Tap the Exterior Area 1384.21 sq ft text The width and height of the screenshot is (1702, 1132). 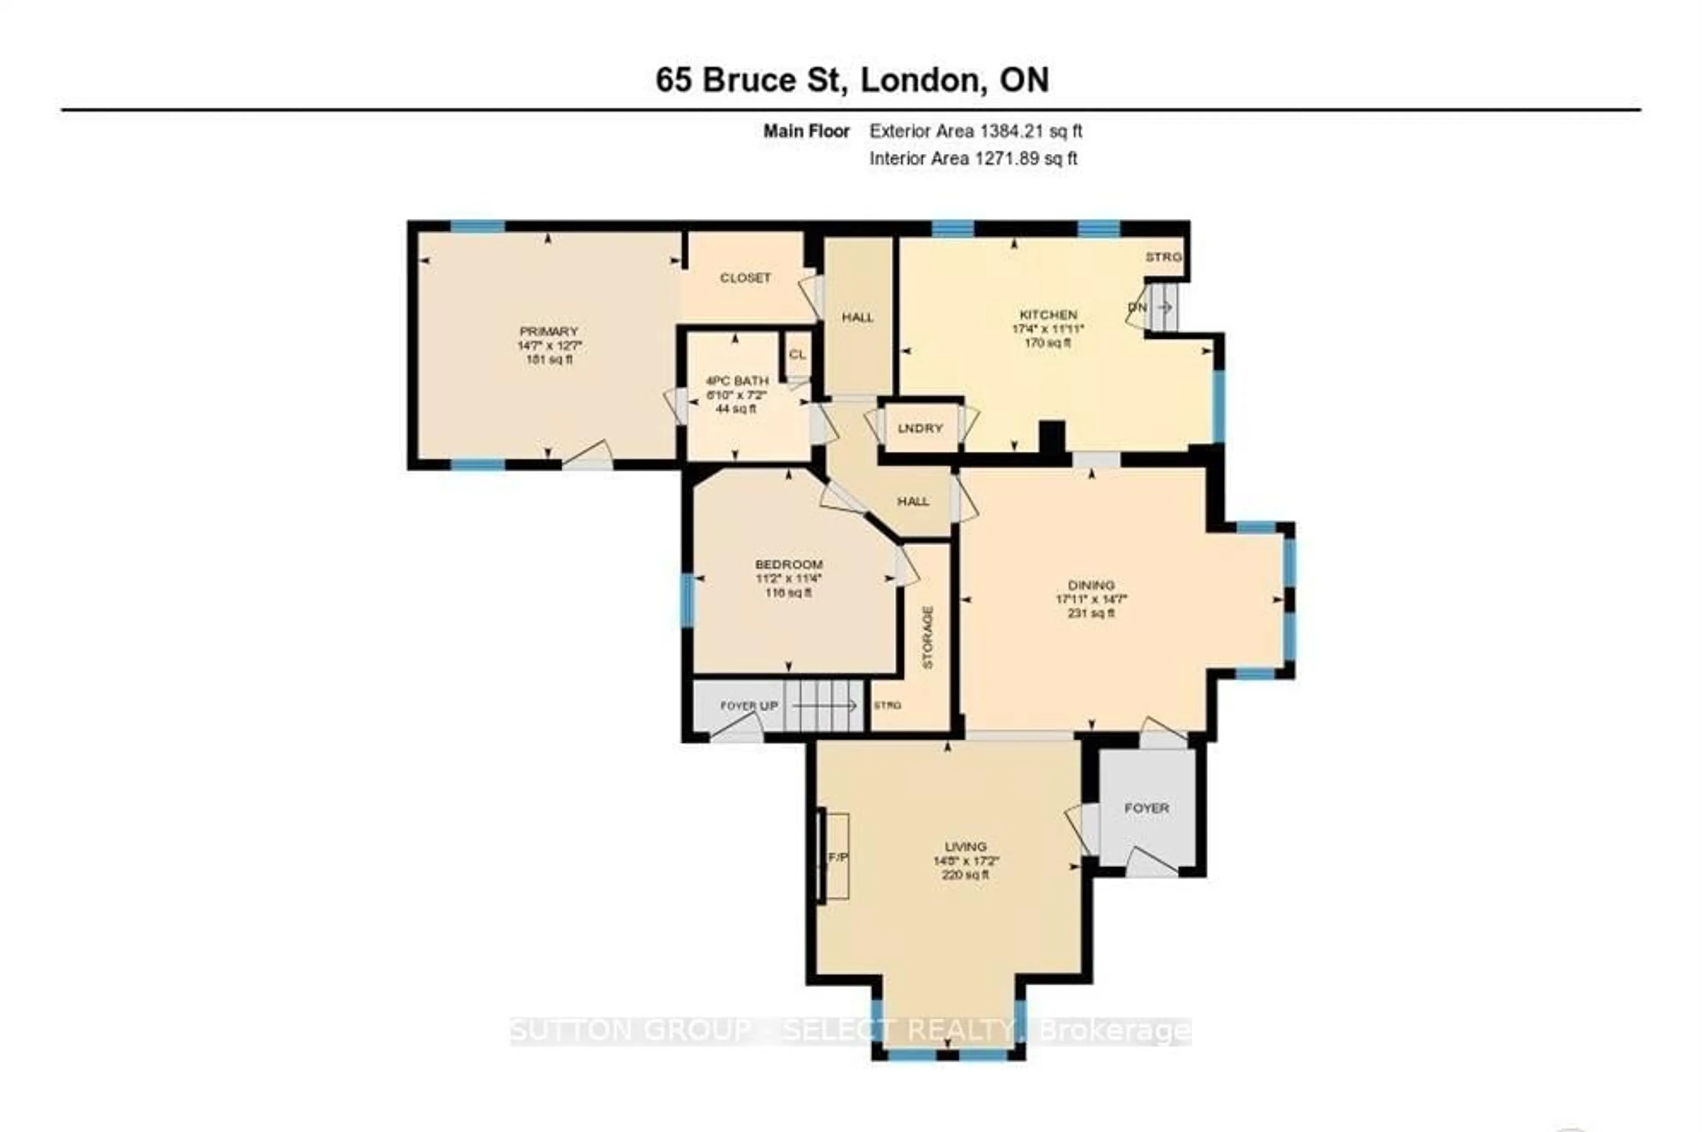tap(975, 131)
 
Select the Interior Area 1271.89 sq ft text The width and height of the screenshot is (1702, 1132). tap(973, 158)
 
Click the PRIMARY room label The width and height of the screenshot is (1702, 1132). tap(549, 332)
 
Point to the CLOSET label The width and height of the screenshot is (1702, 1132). tap(745, 278)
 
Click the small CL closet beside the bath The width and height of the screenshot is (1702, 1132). tap(797, 355)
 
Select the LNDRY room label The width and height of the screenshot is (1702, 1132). tap(920, 428)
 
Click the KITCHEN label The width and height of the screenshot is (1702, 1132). tap(1048, 315)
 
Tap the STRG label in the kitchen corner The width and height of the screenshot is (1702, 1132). tap(1163, 257)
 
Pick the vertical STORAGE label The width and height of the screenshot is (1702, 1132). tap(928, 637)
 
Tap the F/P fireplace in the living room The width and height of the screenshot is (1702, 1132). tap(837, 857)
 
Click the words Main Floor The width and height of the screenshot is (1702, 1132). tap(806, 131)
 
